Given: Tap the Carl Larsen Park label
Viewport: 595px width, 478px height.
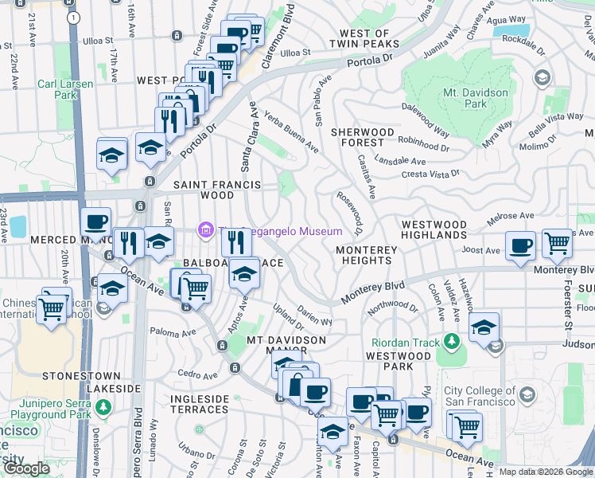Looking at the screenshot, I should click(x=64, y=88).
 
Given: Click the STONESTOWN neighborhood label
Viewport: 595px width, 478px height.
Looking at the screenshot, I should click(x=81, y=375).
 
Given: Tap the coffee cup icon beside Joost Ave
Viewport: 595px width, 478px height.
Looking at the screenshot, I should click(x=520, y=246).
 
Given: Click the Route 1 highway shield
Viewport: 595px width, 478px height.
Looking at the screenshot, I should click(x=74, y=17).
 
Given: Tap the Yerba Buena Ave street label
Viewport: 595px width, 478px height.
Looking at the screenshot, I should click(x=291, y=131).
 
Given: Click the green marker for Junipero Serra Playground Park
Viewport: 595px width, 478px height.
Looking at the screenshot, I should click(x=103, y=408).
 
